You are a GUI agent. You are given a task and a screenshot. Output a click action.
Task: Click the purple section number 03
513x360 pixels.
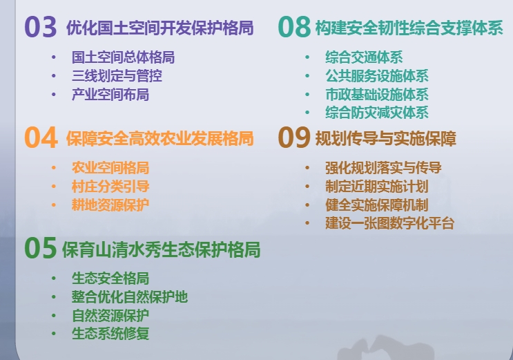41,27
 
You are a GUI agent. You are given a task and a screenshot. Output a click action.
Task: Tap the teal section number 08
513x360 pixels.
294,27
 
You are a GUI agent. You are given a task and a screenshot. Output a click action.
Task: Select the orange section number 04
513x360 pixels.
41,138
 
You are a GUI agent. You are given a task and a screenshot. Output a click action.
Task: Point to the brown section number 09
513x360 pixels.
294,138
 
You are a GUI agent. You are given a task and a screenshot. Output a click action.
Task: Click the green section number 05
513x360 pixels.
41,248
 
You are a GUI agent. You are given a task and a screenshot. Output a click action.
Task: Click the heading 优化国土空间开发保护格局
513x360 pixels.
160,28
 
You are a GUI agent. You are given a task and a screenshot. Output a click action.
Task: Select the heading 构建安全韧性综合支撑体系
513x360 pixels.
409,28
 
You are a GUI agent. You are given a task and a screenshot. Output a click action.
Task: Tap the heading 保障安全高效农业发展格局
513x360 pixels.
160,138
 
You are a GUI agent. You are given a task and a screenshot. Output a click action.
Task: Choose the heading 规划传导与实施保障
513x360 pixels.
386,138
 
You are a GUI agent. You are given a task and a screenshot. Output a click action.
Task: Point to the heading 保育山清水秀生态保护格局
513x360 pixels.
162,249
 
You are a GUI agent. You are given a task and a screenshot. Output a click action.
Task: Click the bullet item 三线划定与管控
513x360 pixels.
117,76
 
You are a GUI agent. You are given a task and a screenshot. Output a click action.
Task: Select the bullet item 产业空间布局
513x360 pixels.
110,95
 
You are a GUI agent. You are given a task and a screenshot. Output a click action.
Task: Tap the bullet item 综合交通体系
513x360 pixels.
364,57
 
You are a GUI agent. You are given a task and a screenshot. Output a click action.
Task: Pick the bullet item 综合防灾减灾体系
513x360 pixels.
377,113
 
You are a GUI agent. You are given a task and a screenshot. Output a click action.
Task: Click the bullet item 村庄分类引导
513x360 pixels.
110,187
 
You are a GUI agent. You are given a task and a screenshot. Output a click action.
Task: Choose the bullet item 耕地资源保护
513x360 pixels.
110,205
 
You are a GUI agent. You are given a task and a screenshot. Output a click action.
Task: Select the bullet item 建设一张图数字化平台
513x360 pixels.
389,223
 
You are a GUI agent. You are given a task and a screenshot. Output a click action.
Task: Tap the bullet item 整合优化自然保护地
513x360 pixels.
130,297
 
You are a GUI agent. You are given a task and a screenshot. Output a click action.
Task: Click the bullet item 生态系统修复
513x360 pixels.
110,334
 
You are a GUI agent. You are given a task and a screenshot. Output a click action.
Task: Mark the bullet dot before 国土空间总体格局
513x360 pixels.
54,57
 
